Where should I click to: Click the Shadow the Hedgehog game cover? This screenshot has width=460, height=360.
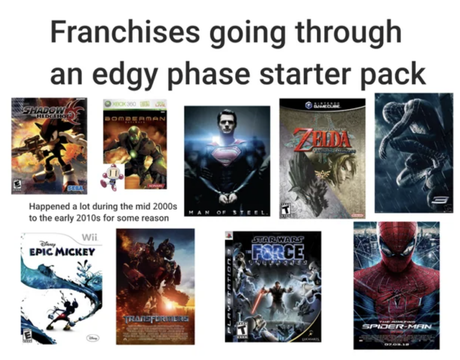[49, 146]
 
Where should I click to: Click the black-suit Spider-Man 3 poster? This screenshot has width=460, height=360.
[414, 152]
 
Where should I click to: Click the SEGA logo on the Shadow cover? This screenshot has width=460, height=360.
[75, 189]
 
